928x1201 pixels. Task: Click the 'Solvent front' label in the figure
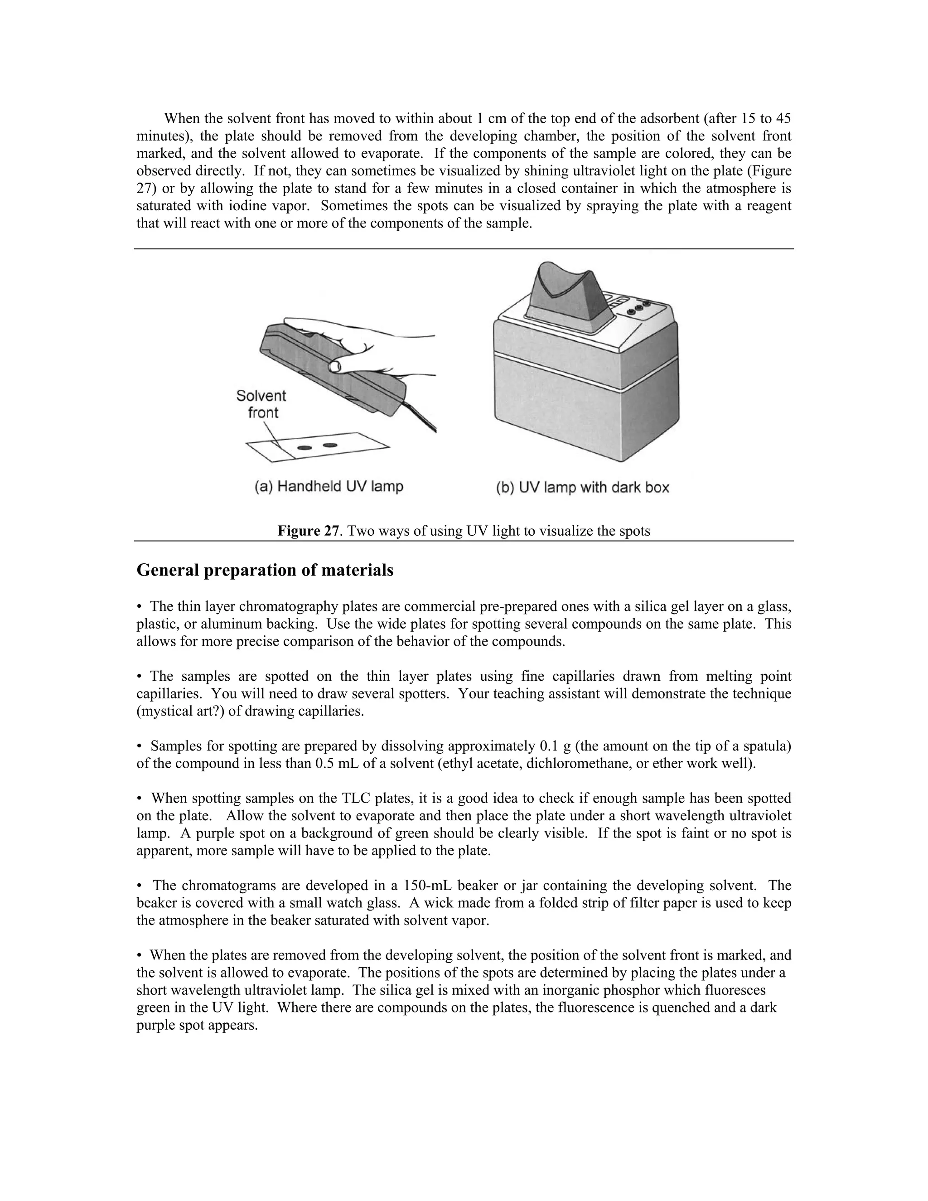[x=262, y=404]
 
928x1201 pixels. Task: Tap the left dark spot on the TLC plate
[x=304, y=448]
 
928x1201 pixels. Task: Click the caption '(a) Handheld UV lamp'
[x=329, y=487]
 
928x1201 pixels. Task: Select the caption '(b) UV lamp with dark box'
[x=582, y=487]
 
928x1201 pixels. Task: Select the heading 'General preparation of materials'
[x=265, y=570]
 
